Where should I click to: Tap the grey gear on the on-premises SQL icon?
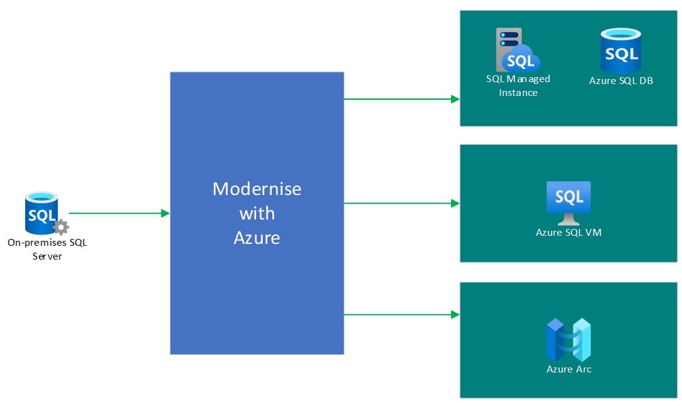61,227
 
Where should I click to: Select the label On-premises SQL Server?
47,249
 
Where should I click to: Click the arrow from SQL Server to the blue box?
119,213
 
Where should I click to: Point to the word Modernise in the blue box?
257,189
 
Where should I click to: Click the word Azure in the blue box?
257,238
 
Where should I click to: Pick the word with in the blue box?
257,213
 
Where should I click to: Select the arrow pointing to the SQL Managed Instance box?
402,98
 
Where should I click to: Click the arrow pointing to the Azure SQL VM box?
402,203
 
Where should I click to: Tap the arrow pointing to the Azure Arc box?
402,314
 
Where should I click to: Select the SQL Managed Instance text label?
518,85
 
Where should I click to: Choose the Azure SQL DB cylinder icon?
621,51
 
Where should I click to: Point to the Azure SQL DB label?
621,80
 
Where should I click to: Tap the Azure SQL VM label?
568,233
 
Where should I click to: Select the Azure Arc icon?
568,339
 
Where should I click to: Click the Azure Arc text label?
568,369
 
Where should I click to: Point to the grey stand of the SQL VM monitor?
568,219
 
